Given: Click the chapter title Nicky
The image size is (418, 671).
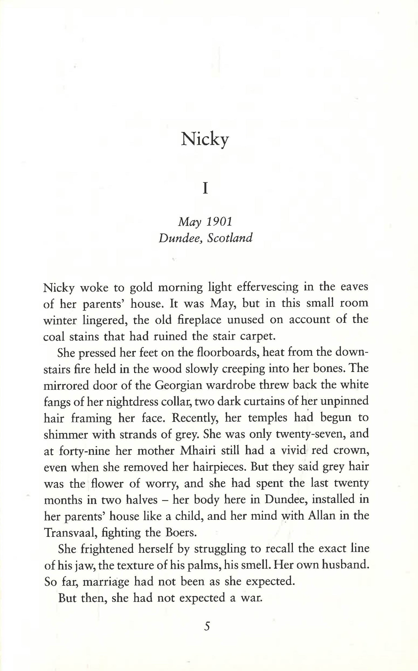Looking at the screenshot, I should point(205,139).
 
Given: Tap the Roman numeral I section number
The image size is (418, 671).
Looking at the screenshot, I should point(205,189).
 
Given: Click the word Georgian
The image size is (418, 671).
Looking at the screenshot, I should point(178,385).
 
